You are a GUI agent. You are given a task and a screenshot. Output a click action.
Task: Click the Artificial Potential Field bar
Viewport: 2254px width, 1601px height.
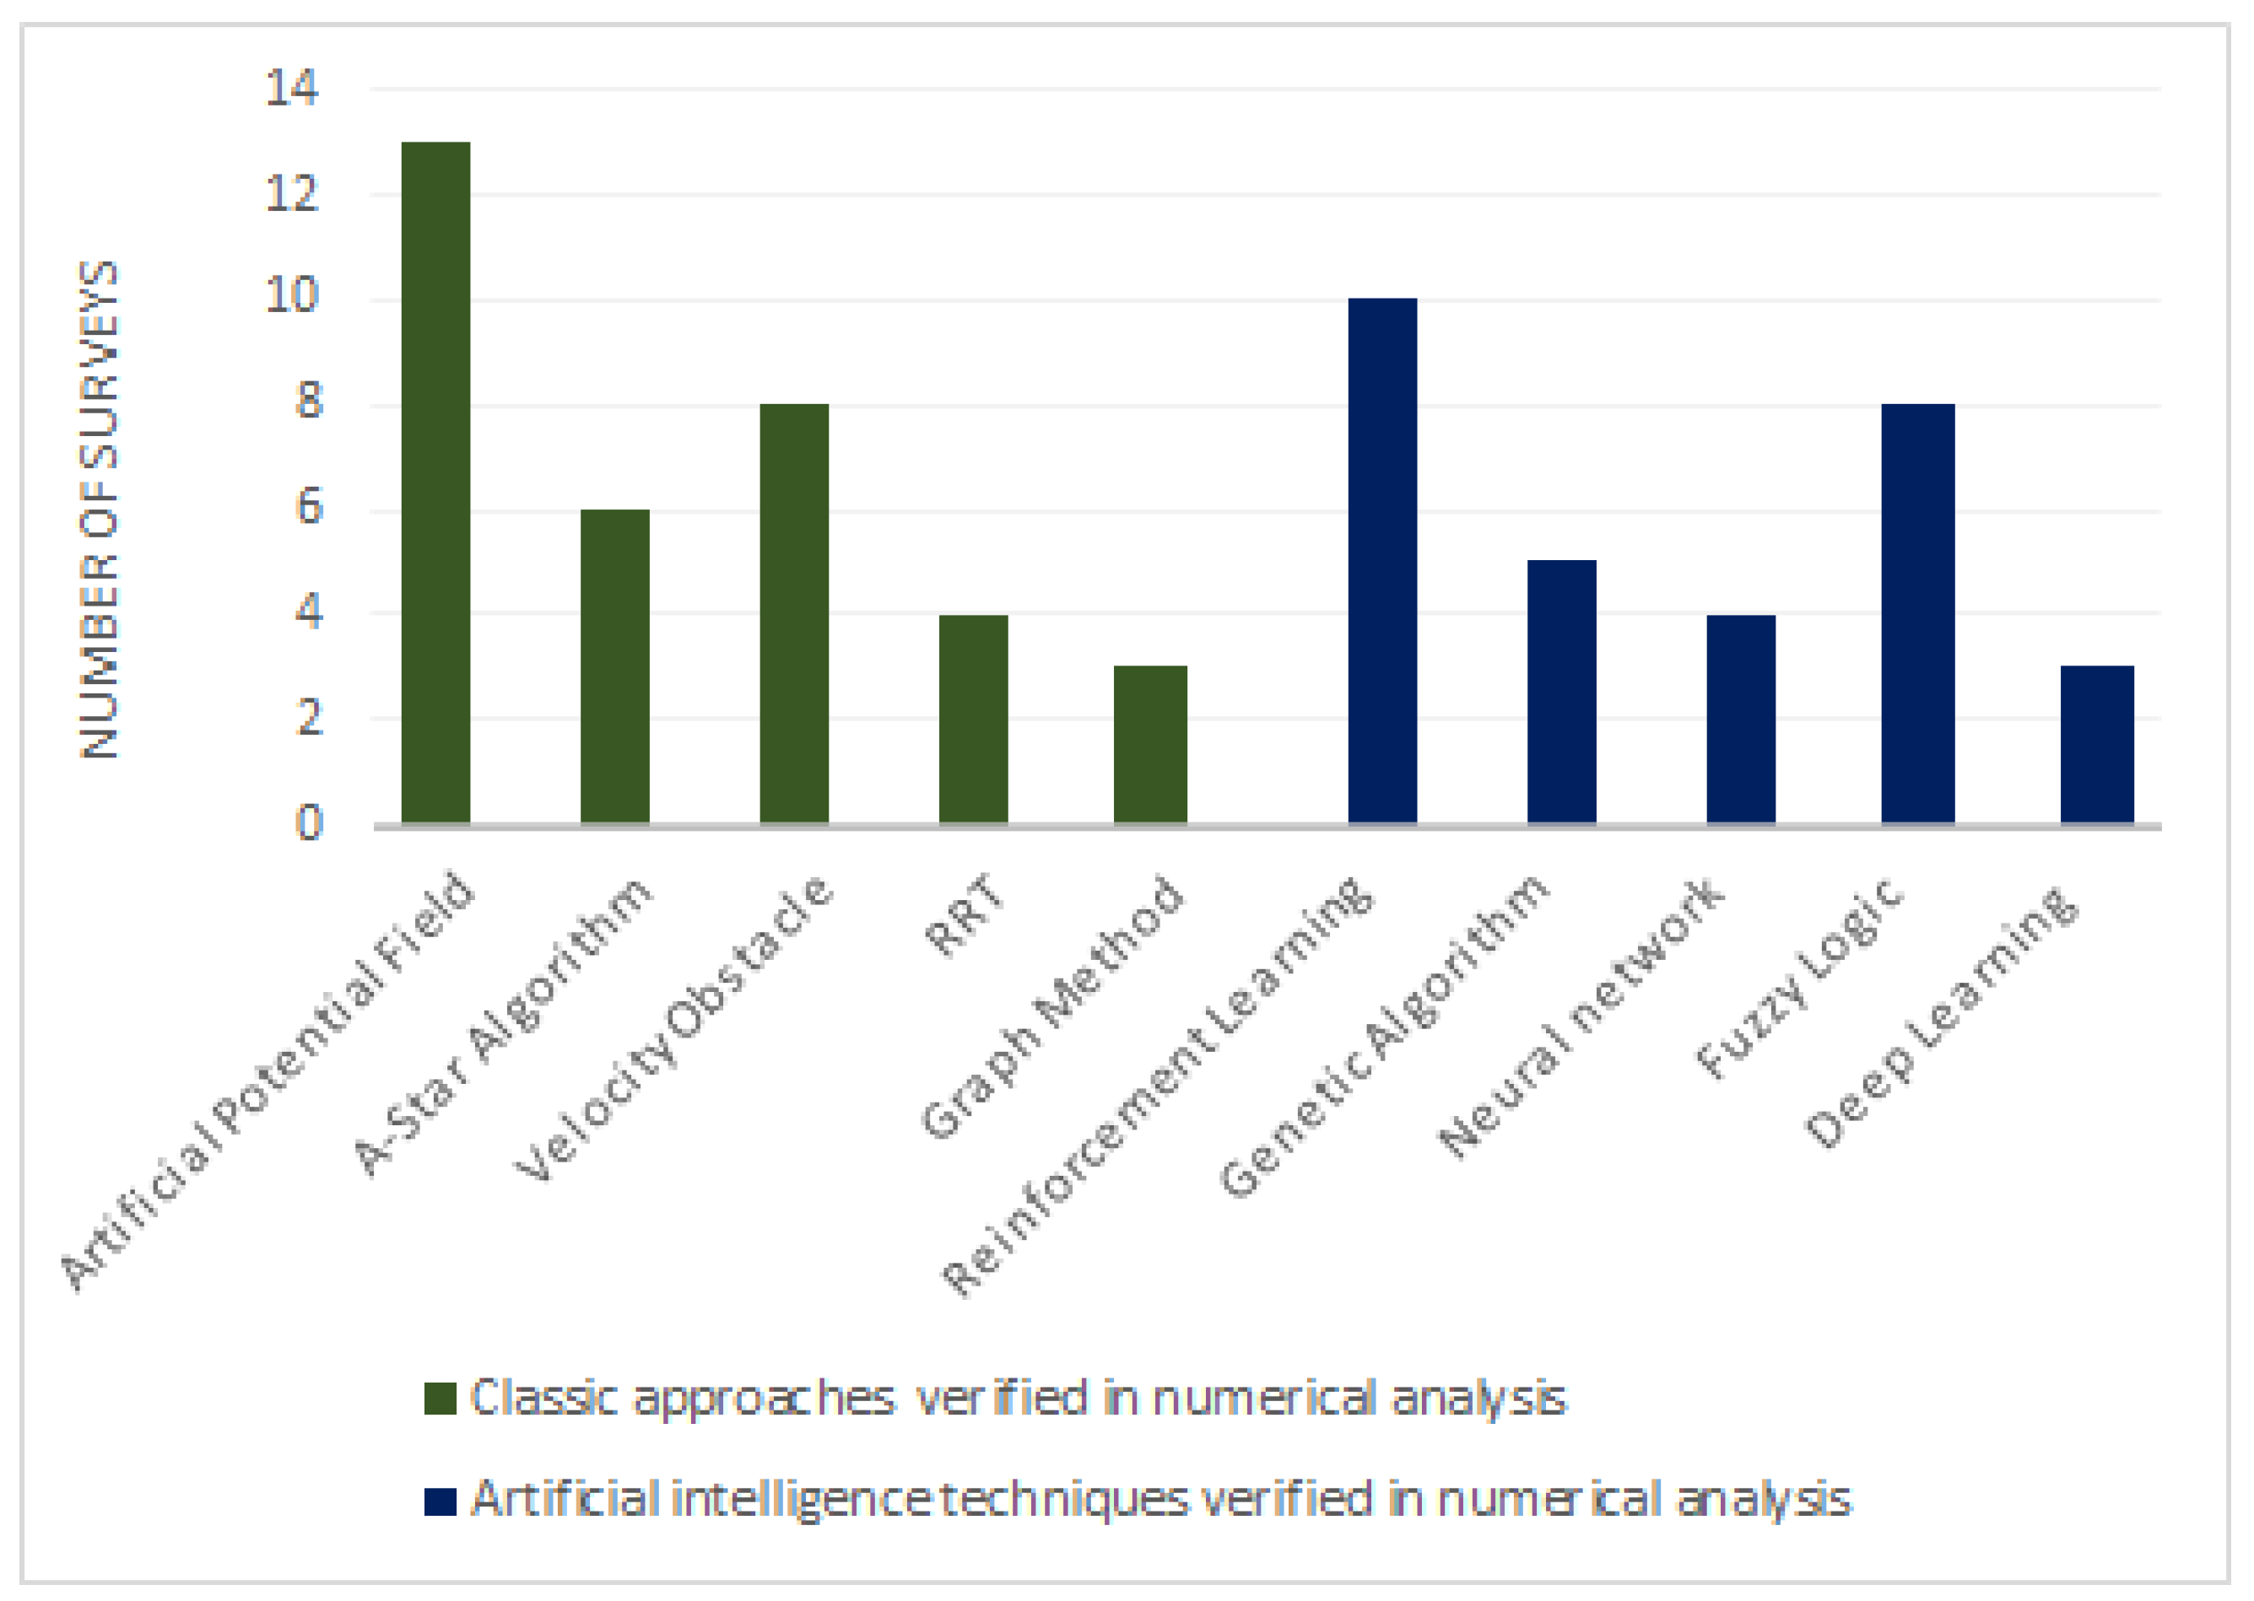pos(435,483)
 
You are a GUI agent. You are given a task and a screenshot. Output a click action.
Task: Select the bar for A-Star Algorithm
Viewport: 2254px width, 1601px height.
pos(615,666)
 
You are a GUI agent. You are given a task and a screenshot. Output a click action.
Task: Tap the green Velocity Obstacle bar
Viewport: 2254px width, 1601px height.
pos(794,613)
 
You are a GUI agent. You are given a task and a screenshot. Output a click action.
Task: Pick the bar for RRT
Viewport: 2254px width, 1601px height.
pos(973,719)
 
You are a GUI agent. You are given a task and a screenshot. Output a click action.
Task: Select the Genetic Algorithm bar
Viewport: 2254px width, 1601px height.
pos(1562,691)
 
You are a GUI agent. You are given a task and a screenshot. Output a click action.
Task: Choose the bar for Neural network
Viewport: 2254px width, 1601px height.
pos(1741,719)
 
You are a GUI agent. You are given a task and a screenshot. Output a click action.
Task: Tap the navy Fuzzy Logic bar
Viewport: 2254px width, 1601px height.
pos(1918,613)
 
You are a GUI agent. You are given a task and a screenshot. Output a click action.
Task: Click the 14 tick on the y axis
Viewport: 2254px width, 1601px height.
pos(292,89)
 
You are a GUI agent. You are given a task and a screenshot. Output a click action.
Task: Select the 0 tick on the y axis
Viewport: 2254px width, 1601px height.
pos(309,822)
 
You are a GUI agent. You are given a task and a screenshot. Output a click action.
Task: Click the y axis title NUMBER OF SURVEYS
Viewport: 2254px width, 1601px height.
pos(100,509)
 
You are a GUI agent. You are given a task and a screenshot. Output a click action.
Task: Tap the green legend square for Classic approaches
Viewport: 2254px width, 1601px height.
pos(441,1399)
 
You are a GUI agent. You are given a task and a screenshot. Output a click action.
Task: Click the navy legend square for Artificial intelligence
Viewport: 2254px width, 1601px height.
pos(441,1501)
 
